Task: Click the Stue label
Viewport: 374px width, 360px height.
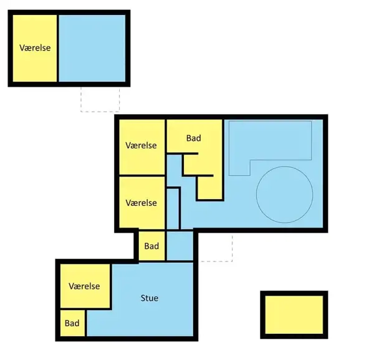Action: [150, 298]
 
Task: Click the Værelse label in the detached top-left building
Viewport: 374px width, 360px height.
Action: [35, 48]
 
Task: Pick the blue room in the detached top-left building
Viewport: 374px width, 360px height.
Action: [92, 48]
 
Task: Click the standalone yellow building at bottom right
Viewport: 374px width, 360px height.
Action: [294, 314]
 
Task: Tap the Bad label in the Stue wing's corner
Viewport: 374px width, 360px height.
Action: [72, 323]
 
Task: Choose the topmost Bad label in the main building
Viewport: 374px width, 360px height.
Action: [194, 138]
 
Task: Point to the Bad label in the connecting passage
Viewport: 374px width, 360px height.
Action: [151, 246]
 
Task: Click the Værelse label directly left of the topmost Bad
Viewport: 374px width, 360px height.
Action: [141, 145]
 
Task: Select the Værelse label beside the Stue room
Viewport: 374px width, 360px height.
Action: [84, 286]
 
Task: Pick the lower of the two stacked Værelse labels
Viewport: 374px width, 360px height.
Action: [141, 203]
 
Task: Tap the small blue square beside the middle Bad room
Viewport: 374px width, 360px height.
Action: [180, 246]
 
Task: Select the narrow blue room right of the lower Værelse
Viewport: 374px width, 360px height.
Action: [173, 209]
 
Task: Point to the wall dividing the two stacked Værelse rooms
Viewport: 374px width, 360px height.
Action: [142, 176]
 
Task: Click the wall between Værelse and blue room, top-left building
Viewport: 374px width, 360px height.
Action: [58, 48]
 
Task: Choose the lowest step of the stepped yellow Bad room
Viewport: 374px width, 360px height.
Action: [210, 188]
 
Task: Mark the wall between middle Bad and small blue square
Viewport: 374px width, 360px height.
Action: [166, 246]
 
